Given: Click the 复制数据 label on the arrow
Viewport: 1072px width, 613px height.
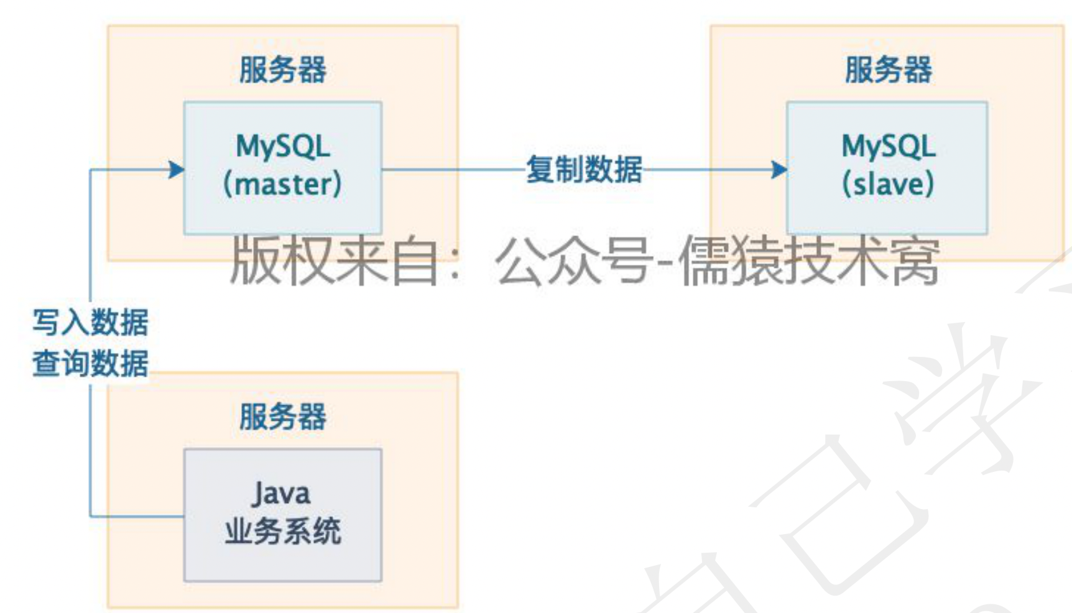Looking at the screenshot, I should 584,169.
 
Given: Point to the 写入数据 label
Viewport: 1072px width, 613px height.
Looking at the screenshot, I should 91,323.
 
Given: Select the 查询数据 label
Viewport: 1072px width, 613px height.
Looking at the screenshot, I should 91,363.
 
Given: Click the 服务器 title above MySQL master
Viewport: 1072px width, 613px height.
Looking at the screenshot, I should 283,70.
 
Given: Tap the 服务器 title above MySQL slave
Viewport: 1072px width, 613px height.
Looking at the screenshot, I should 889,70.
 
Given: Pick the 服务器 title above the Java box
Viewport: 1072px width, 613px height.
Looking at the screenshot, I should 283,417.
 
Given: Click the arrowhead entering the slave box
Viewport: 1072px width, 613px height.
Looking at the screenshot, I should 779,169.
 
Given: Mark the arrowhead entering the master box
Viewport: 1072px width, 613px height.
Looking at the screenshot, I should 177,169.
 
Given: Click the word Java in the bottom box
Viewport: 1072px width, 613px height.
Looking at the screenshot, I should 281,494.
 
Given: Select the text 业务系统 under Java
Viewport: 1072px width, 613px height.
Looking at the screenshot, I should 283,532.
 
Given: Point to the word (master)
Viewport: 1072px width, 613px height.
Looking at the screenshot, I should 283,185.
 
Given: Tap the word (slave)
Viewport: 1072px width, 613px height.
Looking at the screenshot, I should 888,185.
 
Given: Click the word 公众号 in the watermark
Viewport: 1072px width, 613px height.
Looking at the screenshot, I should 573,261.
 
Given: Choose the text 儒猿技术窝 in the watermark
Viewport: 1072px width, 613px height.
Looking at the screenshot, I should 808,261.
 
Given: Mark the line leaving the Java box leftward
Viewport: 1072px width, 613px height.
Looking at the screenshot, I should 137,516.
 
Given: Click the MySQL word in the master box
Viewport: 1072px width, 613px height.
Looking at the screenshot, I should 283,147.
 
